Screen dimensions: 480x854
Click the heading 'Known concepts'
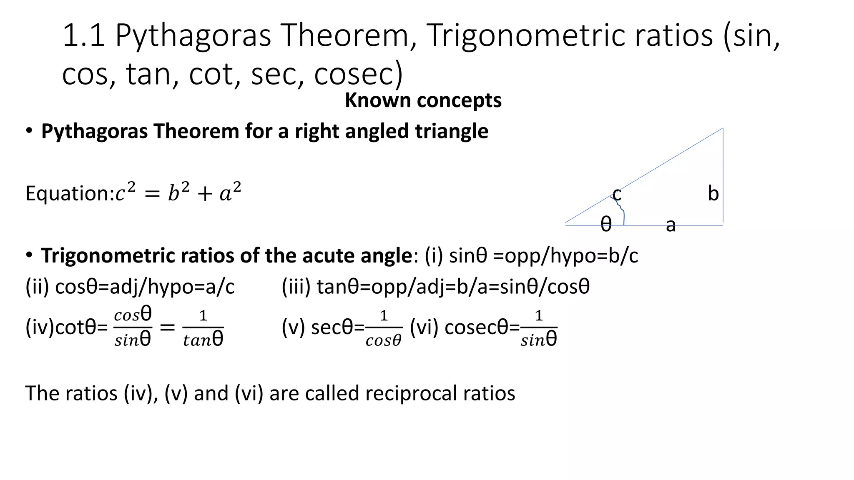point(423,100)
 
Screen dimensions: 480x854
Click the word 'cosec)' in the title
point(358,75)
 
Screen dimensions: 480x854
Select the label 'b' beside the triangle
point(713,194)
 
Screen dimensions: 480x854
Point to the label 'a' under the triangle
point(670,225)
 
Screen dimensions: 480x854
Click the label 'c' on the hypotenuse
point(617,194)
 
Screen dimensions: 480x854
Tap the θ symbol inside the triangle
point(606,225)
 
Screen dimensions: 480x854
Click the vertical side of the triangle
point(723,175)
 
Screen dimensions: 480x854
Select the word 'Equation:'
point(70,194)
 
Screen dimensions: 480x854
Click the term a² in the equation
point(230,192)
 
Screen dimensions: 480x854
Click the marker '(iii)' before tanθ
point(296,287)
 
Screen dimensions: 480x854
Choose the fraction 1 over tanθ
point(203,328)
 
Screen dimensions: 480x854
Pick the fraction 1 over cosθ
point(384,328)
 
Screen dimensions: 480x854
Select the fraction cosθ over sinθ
point(133,327)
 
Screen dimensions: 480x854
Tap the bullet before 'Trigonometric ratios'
point(28,255)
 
